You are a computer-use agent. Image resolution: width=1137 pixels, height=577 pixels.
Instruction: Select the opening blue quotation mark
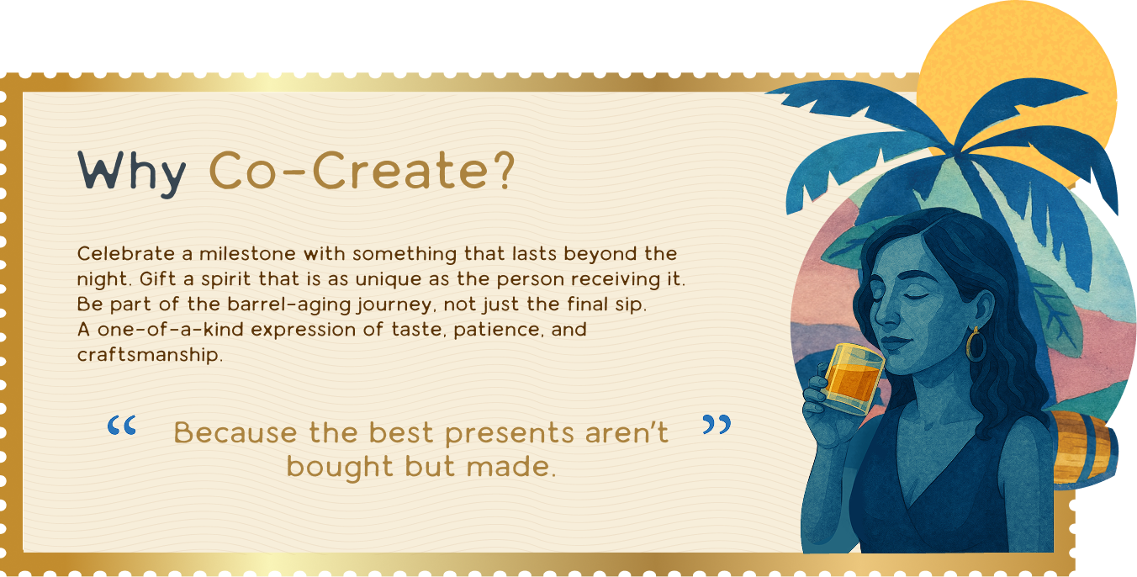pyautogui.click(x=122, y=426)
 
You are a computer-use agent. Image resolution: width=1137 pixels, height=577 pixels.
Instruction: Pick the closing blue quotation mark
pyautogui.click(x=717, y=424)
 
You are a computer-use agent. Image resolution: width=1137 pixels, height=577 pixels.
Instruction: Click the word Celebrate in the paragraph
pyautogui.click(x=126, y=253)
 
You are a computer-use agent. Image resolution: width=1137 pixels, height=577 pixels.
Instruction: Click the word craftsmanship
pyautogui.click(x=150, y=355)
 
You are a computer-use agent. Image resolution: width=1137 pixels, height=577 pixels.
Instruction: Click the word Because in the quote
pyautogui.click(x=235, y=433)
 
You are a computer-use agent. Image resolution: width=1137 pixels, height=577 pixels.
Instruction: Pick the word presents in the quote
pyautogui.click(x=510, y=434)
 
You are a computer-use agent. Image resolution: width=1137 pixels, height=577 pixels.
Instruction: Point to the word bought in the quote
pyautogui.click(x=340, y=468)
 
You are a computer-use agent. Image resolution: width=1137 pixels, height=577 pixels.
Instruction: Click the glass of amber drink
pyautogui.click(x=854, y=378)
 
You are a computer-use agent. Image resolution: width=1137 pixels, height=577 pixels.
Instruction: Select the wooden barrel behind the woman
pyautogui.click(x=1084, y=448)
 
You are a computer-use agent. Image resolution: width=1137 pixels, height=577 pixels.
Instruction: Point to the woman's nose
pyautogui.click(x=884, y=314)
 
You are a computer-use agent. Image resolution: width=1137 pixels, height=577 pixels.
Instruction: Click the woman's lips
pyautogui.click(x=893, y=343)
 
